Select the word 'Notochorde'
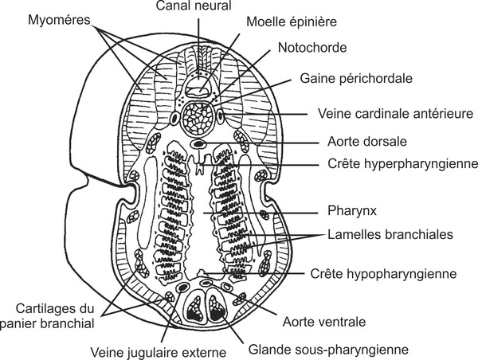coord(313,47)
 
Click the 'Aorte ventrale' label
coord(324,322)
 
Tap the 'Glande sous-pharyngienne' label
coord(317,349)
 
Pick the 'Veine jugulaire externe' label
coord(159,351)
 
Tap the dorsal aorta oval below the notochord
coord(198,144)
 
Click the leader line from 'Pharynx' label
coord(271,213)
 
